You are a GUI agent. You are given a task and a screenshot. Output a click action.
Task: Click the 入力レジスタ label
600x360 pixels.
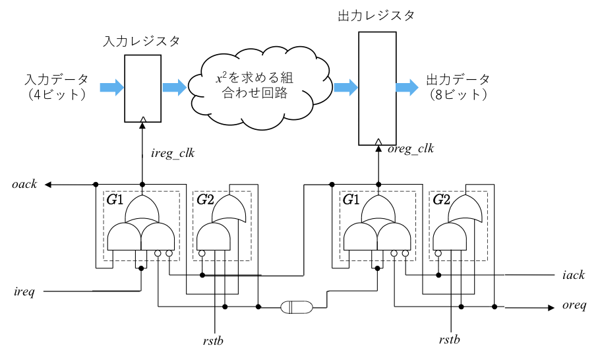(x=142, y=41)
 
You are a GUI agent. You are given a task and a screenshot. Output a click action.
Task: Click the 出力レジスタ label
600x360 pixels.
(x=376, y=16)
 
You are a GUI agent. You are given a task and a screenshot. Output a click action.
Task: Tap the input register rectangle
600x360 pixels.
(x=142, y=88)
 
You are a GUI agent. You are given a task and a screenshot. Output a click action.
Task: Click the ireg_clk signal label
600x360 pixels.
(x=173, y=154)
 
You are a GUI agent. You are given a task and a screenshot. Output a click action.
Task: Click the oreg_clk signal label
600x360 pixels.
(x=411, y=149)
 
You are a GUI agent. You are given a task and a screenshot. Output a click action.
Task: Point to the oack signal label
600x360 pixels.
(x=24, y=185)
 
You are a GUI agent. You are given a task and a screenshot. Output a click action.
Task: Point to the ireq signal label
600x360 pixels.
(x=24, y=291)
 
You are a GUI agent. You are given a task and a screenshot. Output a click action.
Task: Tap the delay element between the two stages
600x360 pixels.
(x=298, y=307)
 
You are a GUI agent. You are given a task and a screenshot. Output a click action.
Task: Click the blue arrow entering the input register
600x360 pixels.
(x=111, y=87)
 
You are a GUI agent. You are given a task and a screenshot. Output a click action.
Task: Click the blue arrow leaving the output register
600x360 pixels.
(x=406, y=87)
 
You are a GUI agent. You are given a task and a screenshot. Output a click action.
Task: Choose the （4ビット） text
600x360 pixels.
(x=56, y=95)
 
